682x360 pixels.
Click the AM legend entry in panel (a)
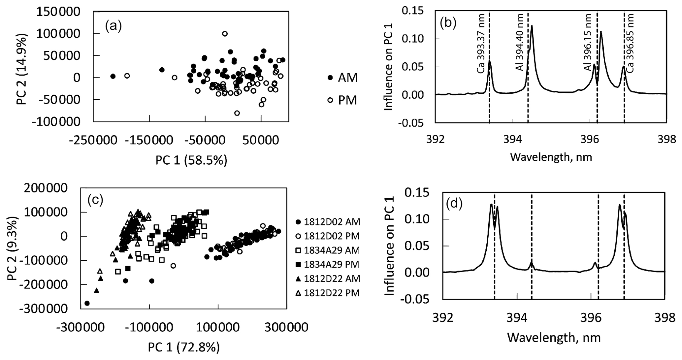tap(342, 78)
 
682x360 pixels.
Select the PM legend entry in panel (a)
tap(342, 100)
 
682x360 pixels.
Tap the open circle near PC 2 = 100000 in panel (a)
tap(225, 34)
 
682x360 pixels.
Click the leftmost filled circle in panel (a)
tap(113, 76)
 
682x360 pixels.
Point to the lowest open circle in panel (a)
tap(237, 113)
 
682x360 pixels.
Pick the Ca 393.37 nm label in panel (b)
tap(481, 53)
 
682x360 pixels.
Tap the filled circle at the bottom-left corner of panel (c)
tap(87, 303)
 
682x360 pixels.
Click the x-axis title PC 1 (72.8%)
tap(183, 347)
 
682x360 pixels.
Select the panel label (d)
tap(454, 205)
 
